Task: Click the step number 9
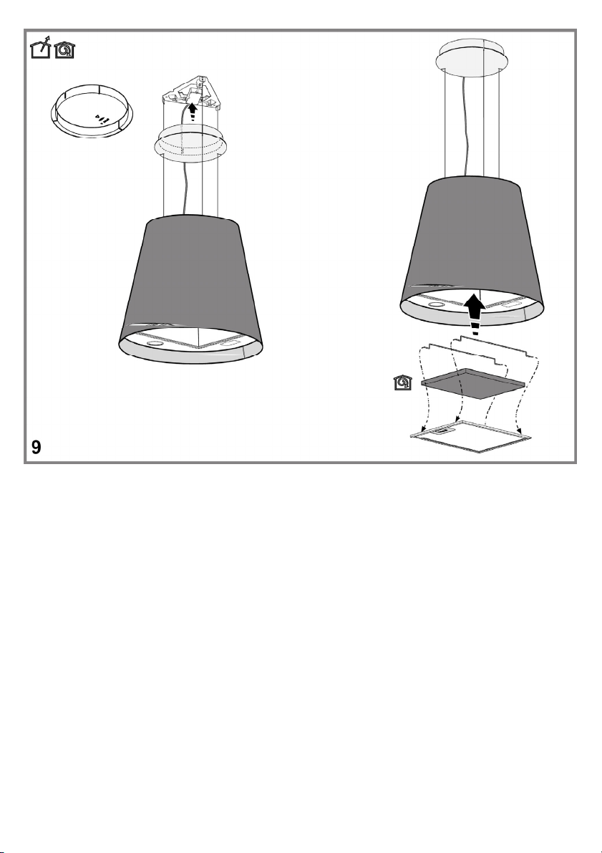36,447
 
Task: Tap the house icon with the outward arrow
40,49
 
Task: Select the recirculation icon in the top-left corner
64,50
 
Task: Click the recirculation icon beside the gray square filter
402,382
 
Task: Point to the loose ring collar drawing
92,126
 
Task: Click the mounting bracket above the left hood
191,92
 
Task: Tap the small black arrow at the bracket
191,112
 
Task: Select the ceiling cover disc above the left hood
190,143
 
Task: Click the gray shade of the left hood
190,277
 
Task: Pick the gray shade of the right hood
472,239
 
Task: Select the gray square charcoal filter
473,383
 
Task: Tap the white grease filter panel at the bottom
471,436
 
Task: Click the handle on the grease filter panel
443,431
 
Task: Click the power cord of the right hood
465,126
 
